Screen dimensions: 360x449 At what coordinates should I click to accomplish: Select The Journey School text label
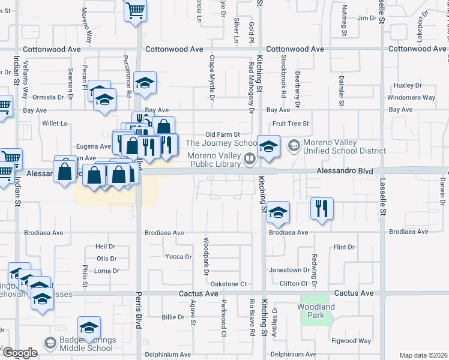[x=221, y=143]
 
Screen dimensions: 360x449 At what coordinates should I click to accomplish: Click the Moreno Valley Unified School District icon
[x=294, y=145]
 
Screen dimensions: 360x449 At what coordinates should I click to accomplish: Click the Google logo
[x=19, y=353]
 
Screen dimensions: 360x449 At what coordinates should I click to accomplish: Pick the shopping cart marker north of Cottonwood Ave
[x=136, y=10]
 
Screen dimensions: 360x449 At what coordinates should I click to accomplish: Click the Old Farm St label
[x=222, y=134]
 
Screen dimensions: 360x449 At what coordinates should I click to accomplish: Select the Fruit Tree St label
[x=290, y=124]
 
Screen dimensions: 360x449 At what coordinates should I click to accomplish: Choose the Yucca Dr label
[x=178, y=257]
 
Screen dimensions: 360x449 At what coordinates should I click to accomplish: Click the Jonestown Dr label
[x=288, y=270]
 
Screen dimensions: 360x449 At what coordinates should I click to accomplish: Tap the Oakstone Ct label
[x=229, y=283]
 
